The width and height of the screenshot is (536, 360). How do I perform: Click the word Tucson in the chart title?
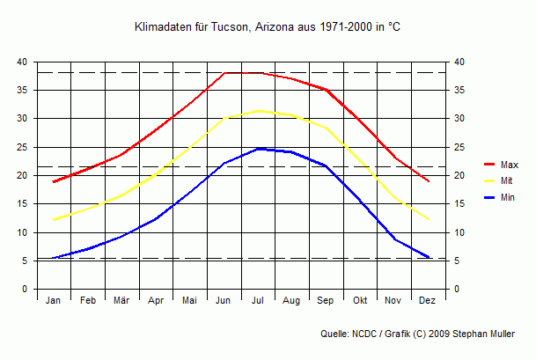coord(231,28)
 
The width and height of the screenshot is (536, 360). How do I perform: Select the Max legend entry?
coord(509,165)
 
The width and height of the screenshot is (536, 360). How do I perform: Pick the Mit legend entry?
coord(506,181)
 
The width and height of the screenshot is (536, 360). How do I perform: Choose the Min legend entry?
coord(507,198)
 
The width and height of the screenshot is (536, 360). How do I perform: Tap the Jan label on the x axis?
coord(54,301)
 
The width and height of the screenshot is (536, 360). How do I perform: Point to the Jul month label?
coord(258,301)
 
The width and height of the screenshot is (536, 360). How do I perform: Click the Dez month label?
coord(428,301)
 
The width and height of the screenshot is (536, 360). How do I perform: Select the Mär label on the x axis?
coord(121,301)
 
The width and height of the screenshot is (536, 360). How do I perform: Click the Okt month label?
coord(360,301)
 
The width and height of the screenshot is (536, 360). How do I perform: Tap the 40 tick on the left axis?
coord(22,62)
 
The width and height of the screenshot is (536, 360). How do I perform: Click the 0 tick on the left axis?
coord(25,290)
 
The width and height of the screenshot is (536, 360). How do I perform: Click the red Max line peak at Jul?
coord(258,73)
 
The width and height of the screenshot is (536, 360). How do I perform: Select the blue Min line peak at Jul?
coord(258,149)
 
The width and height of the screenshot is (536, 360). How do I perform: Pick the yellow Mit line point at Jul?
coord(258,111)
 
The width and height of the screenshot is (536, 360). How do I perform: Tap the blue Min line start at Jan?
coord(54,258)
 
